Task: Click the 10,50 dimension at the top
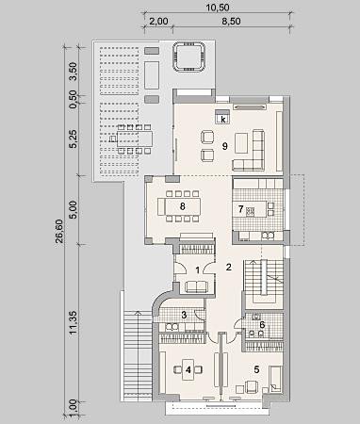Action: tap(218, 8)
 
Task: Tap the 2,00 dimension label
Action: tap(158, 22)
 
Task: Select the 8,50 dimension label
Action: tap(231, 22)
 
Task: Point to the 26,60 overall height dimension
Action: tap(58, 231)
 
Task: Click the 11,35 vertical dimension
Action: tap(73, 322)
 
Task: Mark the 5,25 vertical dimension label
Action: tap(73, 139)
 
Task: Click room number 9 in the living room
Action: tap(224, 146)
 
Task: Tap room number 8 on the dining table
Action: tap(183, 206)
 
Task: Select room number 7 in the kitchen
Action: tap(241, 208)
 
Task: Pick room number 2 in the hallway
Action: tap(229, 267)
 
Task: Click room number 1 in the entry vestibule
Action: tap(198, 269)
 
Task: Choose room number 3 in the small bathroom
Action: tap(185, 315)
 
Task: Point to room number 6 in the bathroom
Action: tap(262, 325)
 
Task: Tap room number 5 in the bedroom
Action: tap(256, 369)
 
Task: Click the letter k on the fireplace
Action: tap(223, 120)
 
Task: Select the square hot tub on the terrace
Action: tap(188, 57)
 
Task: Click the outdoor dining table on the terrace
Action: tap(135, 139)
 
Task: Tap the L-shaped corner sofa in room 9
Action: tap(249, 150)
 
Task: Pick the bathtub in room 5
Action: tap(275, 379)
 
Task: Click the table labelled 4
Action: tap(188, 369)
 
